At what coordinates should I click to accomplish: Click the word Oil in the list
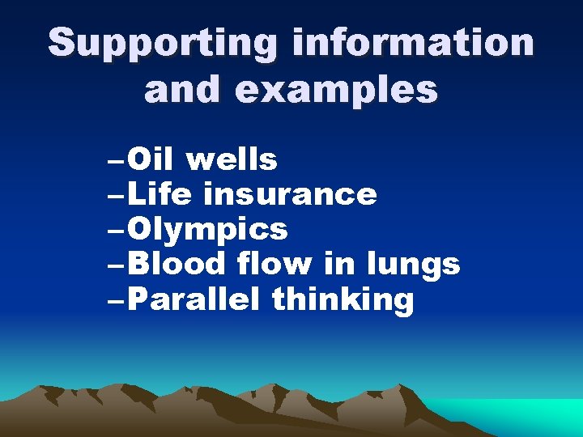(151, 160)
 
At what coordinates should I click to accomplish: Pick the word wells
(232, 160)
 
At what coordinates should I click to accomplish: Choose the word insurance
(290, 195)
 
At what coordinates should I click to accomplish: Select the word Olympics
(207, 230)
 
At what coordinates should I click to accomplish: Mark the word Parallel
(193, 300)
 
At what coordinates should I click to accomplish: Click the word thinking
(343, 300)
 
